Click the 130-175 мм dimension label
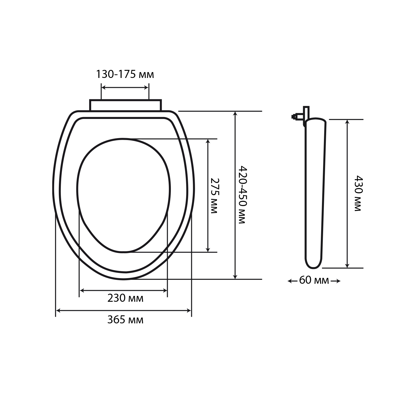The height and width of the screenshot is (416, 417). (x=125, y=74)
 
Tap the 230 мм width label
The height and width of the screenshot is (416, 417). (x=125, y=298)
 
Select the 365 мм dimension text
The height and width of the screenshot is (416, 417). (x=125, y=320)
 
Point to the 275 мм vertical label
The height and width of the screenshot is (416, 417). (x=214, y=196)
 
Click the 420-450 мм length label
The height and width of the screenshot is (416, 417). (x=241, y=195)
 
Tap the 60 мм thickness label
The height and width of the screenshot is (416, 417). (x=314, y=281)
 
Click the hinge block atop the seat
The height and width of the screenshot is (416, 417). (x=125, y=105)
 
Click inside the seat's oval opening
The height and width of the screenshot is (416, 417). (x=123, y=194)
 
